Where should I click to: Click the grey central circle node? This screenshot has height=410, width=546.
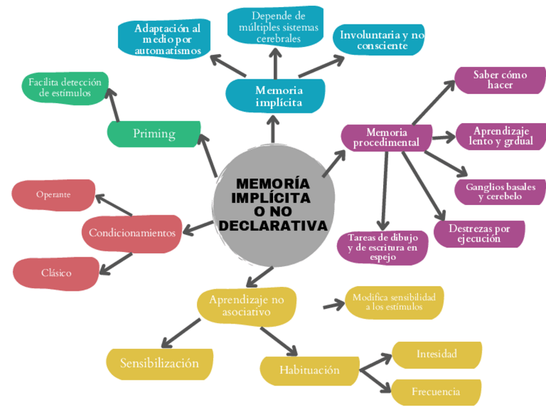[273, 206]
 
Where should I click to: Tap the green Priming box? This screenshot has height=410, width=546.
[154, 133]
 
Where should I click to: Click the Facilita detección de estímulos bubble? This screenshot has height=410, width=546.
[64, 88]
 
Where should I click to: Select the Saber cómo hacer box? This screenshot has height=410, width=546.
[500, 79]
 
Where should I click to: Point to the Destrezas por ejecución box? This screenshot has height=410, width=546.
[478, 233]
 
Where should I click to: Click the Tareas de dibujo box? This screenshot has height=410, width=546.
[382, 247]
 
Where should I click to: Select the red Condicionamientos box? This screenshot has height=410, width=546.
[131, 233]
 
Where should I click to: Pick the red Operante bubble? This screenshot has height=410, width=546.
[53, 194]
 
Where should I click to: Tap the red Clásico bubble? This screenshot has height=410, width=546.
[56, 273]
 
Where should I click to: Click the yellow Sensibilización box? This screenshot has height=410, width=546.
[159, 363]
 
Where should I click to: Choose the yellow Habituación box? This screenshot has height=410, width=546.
[309, 370]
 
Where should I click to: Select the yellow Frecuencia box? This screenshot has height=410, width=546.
[436, 391]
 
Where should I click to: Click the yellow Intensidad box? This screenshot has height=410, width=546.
[437, 354]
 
